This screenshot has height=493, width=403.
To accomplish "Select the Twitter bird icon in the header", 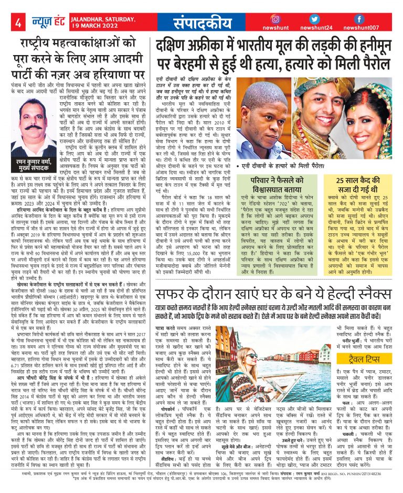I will pyautogui.click(x=315, y=19).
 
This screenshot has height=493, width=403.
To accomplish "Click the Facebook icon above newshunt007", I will pyautogui.click(x=360, y=19).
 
